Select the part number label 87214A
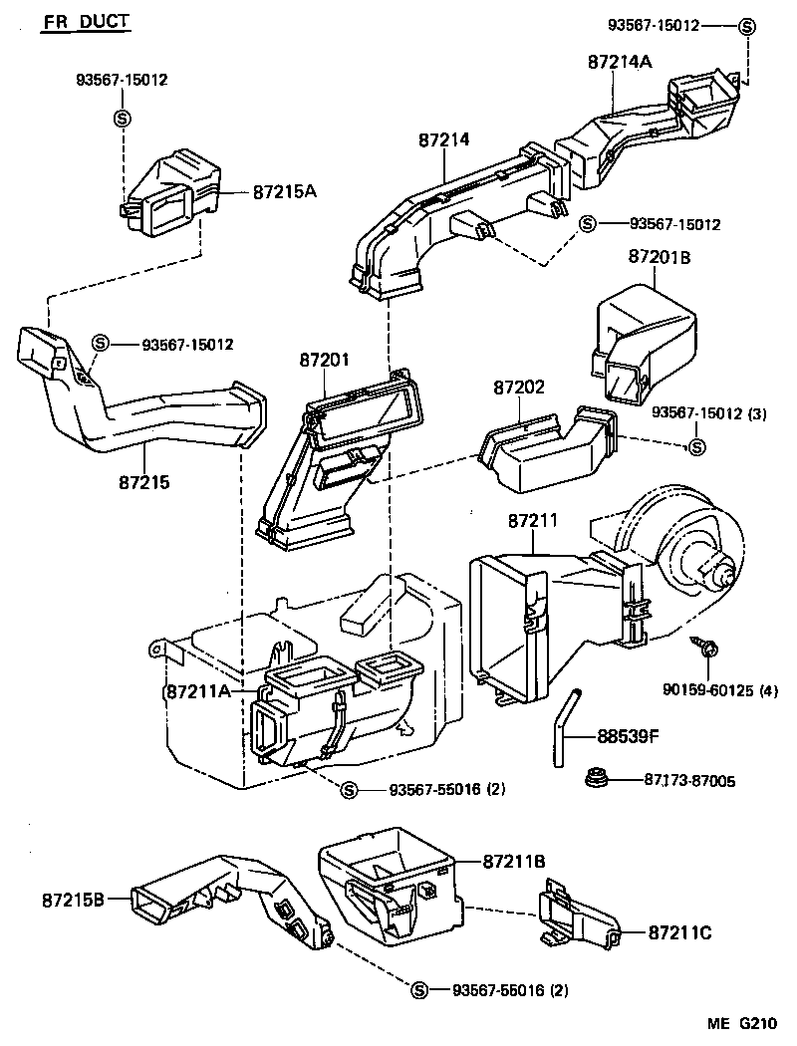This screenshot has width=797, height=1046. [x=619, y=62]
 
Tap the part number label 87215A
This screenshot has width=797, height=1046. [x=284, y=190]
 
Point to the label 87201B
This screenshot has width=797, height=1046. [x=659, y=257]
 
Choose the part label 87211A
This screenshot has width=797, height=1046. [x=197, y=690]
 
